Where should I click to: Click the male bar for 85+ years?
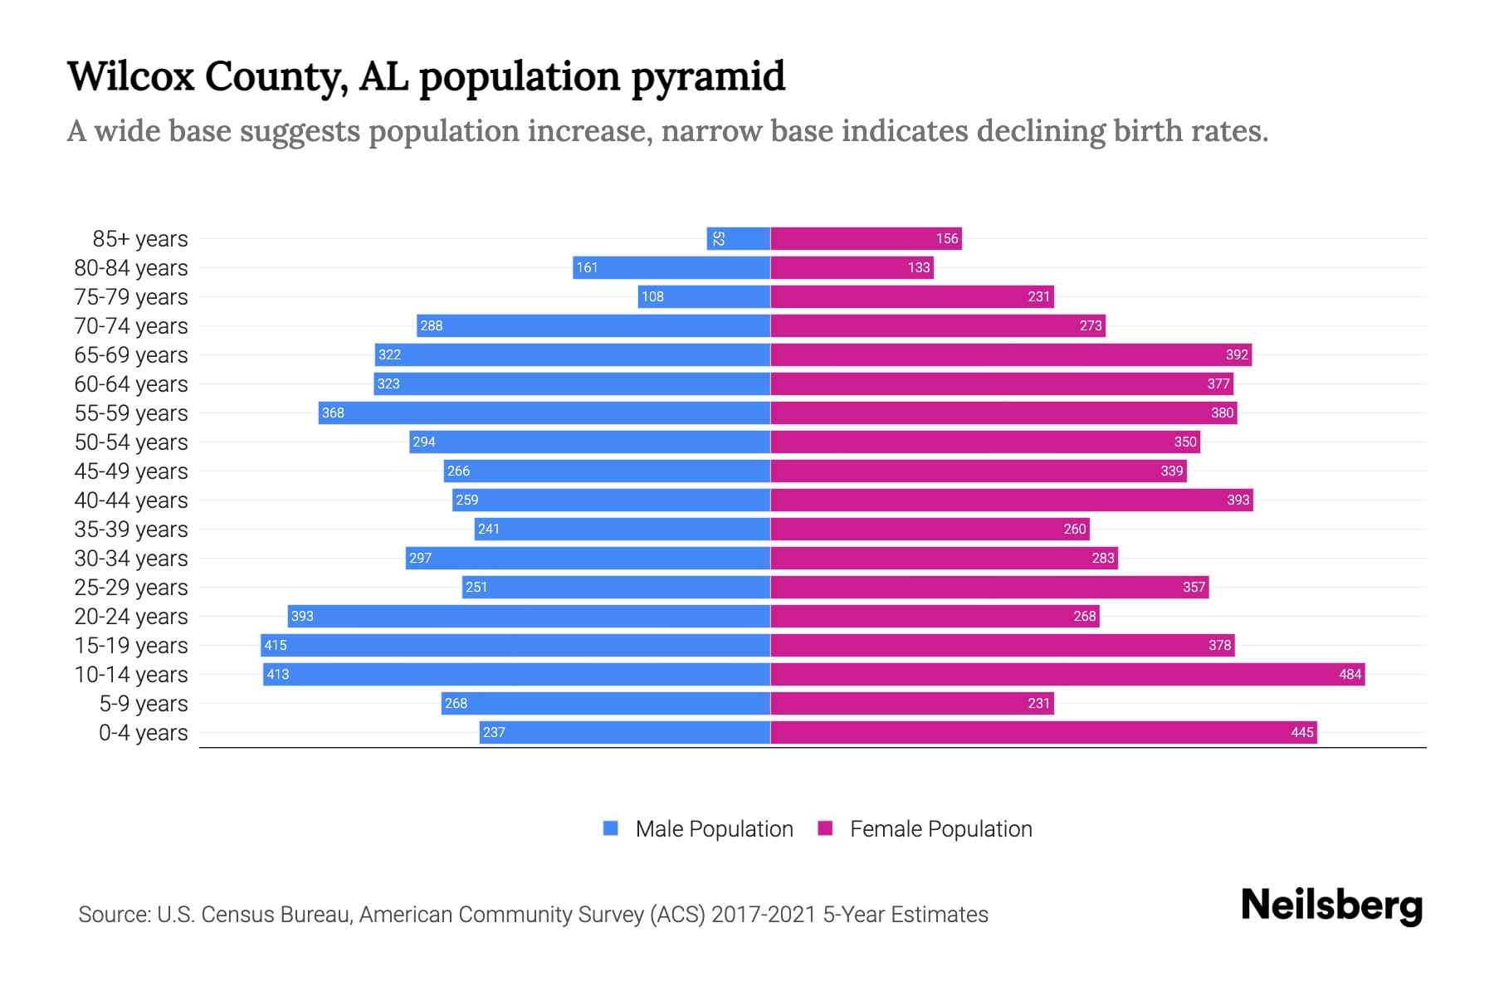click(x=739, y=239)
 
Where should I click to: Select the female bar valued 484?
click(x=1067, y=674)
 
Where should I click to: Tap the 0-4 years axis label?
click(x=143, y=733)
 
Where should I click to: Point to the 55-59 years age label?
click(x=131, y=413)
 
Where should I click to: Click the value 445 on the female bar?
click(x=1302, y=732)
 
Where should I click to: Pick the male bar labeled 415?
click(x=515, y=645)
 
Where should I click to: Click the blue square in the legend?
click(x=611, y=828)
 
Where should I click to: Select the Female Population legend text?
click(x=940, y=829)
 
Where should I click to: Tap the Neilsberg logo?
click(x=1331, y=906)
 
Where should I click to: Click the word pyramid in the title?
click(x=707, y=77)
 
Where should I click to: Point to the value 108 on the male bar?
click(x=652, y=296)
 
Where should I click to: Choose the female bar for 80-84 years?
click(x=852, y=267)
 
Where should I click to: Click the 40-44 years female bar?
click(x=1011, y=500)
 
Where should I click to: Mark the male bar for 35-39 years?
click(x=622, y=529)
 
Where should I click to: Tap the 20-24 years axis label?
click(x=131, y=617)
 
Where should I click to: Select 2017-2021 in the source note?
click(x=764, y=915)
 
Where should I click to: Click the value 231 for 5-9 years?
click(x=1038, y=703)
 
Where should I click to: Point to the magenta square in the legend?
click(x=825, y=828)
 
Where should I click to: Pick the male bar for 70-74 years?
click(x=593, y=325)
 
